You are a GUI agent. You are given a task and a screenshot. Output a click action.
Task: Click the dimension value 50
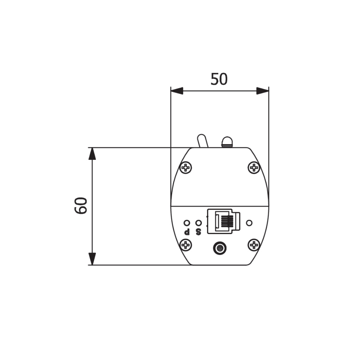219,79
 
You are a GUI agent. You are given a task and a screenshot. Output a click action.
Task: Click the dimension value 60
81,206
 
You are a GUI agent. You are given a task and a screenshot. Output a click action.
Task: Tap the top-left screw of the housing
186,167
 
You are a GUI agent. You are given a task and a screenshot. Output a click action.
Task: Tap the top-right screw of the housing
254,167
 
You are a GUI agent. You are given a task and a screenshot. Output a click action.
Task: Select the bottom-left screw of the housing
186,245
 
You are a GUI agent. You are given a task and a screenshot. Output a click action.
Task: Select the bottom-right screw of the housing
254,245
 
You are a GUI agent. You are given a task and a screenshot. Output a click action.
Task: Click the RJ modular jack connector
224,221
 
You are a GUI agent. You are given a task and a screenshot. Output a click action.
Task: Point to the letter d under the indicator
187,232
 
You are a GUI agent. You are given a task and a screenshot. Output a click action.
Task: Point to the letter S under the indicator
199,232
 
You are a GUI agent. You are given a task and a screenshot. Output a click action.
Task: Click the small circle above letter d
187,223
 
